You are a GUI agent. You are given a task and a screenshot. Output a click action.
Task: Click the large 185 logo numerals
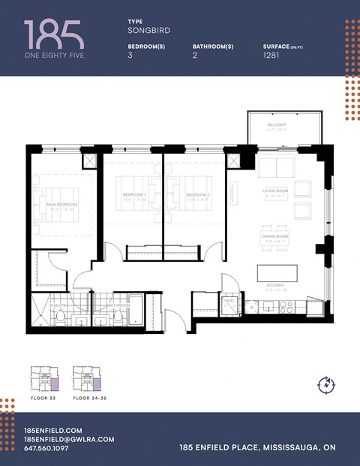(x=53, y=35)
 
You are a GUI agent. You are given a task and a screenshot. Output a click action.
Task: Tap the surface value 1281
(x=271, y=56)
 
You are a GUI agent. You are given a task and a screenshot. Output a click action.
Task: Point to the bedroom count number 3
(x=130, y=56)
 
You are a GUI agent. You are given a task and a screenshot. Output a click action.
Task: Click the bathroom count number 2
(x=195, y=56)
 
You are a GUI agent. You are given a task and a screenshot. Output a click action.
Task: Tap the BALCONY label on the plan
(x=277, y=125)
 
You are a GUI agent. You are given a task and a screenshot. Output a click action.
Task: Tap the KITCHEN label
(x=275, y=286)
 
